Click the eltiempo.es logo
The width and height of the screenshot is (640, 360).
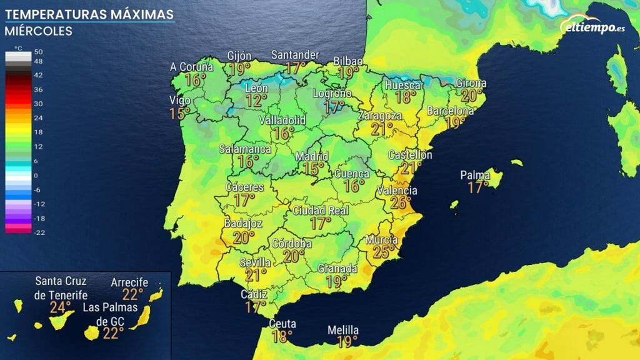593,26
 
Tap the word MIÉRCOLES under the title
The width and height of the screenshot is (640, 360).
38,31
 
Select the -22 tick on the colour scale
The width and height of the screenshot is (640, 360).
38,232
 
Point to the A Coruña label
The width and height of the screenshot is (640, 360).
192,67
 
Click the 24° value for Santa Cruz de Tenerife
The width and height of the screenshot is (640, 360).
61,307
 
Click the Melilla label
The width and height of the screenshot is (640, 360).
343,330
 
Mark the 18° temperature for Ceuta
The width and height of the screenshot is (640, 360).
282,336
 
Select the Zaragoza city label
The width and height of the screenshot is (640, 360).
379,116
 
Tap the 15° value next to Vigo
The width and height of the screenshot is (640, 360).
180,113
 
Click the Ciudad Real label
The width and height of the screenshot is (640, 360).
321,211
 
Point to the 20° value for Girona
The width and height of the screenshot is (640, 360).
470,95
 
